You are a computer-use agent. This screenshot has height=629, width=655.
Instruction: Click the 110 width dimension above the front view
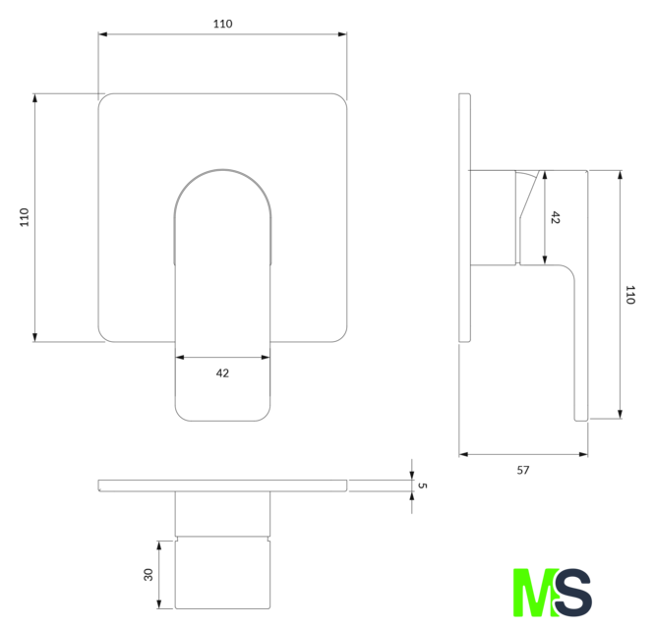point(222,24)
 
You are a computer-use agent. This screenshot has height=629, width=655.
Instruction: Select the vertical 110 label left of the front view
point(25,217)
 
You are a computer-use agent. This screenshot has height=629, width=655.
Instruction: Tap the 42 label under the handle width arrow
point(222,373)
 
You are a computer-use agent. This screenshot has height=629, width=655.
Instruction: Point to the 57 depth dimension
point(523,471)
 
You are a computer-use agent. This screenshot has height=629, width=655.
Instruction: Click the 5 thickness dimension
point(423,486)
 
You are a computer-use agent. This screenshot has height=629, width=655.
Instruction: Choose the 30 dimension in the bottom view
point(149,575)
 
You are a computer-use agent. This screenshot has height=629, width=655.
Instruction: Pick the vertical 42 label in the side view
point(555,217)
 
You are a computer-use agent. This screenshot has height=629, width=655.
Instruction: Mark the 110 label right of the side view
point(630,295)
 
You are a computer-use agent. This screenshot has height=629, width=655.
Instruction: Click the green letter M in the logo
point(536,593)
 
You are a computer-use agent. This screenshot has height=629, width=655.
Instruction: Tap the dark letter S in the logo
point(573,593)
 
